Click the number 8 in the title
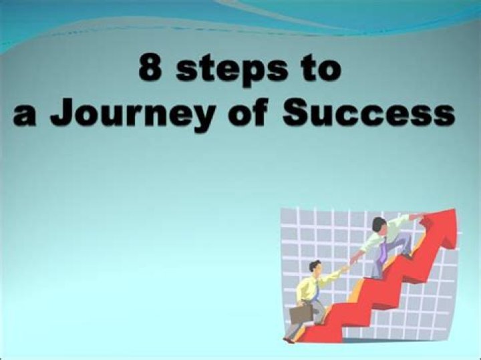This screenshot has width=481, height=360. tap(150, 69)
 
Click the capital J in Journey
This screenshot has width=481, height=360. tap(61, 112)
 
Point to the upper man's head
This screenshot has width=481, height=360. tap(379, 224)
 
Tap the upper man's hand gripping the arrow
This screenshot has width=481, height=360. tap(416, 216)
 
